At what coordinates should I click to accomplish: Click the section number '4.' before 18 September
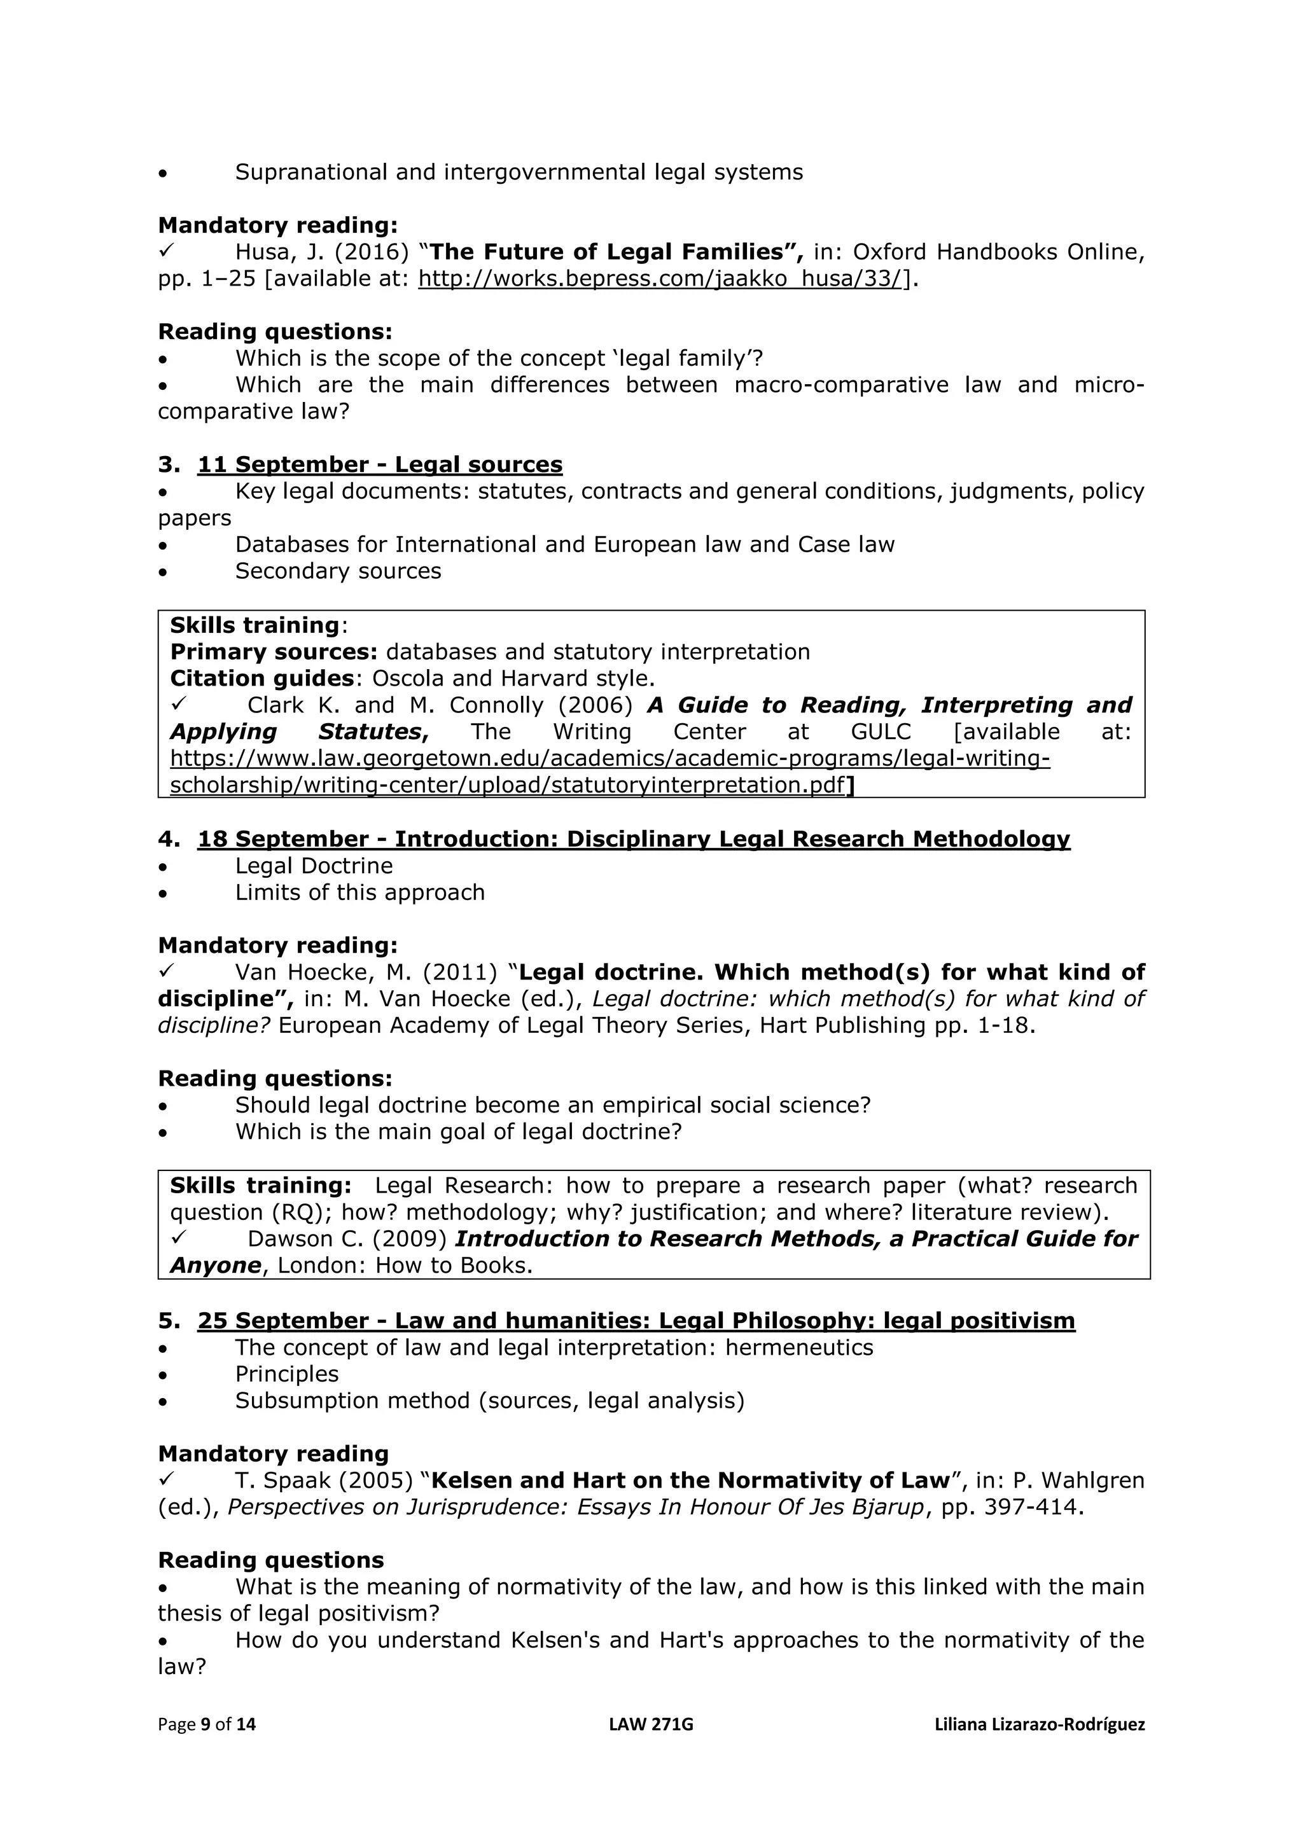coord(169,839)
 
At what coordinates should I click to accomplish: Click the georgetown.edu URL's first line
coord(610,758)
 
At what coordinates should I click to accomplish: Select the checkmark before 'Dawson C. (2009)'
coord(178,1237)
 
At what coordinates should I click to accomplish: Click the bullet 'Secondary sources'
coord(338,571)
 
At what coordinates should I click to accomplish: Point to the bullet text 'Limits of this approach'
coord(359,892)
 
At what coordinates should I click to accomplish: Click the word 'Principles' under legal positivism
coord(286,1373)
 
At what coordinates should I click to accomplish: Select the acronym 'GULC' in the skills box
coord(881,731)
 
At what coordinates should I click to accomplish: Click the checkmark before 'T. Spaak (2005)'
coord(166,1479)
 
